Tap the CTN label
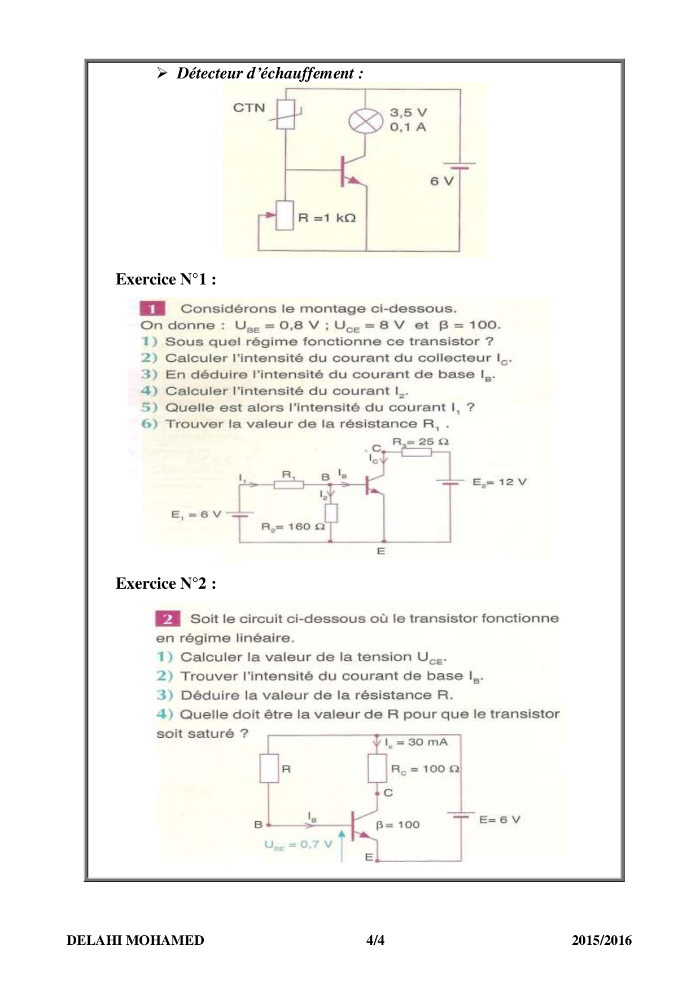249,107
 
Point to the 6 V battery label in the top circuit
441,181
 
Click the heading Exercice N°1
166,279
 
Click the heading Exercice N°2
166,584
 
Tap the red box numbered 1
152,309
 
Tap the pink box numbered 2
168,619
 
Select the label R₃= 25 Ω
421,441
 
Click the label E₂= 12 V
500,482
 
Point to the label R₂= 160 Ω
293,527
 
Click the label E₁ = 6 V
196,514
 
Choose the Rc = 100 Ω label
425,769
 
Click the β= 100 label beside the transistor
398,825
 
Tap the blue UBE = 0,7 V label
298,845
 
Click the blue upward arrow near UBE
342,846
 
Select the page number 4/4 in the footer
375,940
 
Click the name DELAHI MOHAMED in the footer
135,940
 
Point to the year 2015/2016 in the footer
601,940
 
